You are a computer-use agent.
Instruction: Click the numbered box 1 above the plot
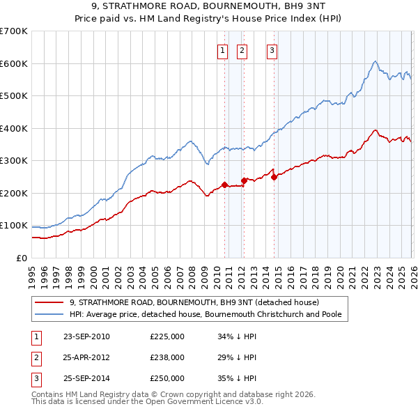tap(222, 49)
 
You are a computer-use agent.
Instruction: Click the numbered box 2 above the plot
tap(242, 49)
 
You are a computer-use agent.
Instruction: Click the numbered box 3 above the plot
tap(272, 49)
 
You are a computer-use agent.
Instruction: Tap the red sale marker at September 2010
tap(224, 185)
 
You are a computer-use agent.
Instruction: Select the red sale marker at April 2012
tap(244, 180)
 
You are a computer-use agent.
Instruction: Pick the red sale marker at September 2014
tap(274, 177)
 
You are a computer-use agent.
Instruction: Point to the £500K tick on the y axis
tap(14, 95)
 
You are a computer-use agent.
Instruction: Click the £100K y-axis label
tap(14, 226)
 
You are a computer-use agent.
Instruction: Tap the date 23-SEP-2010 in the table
tap(86, 336)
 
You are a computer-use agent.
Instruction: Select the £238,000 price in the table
tap(167, 357)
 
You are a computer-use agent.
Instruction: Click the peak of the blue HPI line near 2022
tap(375, 62)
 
